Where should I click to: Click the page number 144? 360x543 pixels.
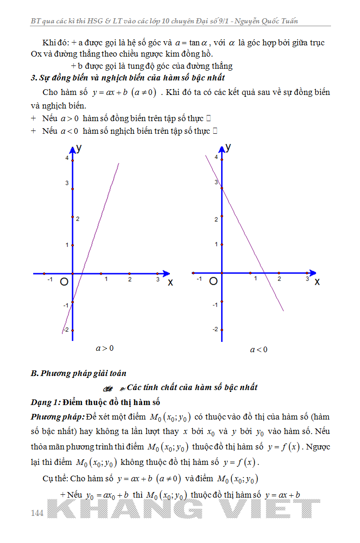pos(37,513)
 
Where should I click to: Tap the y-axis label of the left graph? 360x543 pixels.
pos(79,148)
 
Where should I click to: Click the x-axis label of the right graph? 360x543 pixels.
pos(317,282)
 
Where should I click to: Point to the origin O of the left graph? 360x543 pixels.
pos(64,282)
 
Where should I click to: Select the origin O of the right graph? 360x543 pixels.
pos(213,281)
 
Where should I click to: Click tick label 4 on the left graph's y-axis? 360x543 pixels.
pos(67,158)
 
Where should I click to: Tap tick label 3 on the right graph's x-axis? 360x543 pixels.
pos(307,279)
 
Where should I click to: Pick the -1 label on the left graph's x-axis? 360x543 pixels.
pos(50,279)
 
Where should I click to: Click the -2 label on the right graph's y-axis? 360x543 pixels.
pos(215,329)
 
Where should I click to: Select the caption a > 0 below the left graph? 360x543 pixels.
pos(105,348)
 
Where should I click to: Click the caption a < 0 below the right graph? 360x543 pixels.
pos(259,349)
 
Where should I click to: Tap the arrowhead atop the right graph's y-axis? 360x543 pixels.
pos(221,148)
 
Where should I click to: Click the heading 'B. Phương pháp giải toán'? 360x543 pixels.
pos(78,373)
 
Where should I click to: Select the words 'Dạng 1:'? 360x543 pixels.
pos(45,402)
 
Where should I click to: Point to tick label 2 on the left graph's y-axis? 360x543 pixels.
pos(78,219)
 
